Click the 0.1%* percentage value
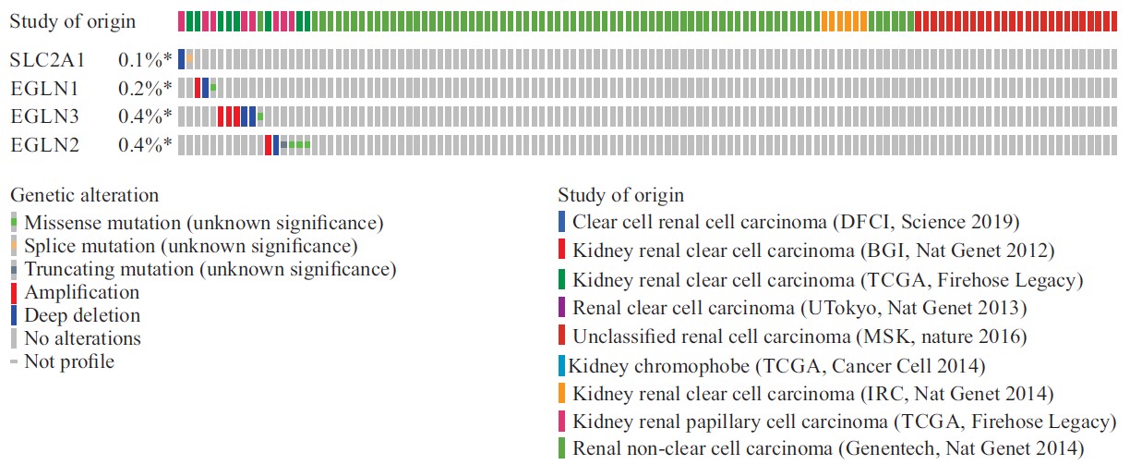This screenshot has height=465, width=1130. coord(145,60)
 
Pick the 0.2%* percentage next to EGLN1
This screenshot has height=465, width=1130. coord(145,89)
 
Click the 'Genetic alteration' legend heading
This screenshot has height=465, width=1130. coord(84,195)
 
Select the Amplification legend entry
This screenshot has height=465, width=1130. coord(81,292)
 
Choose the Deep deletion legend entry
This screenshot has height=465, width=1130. coord(81,315)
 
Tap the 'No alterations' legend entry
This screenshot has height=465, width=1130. coord(82,338)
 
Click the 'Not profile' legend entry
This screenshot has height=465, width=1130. coord(69,361)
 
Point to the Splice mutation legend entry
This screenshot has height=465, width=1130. coord(190,246)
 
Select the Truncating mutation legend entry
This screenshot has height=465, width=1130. coord(210,269)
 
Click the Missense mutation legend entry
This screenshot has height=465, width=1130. coord(202,223)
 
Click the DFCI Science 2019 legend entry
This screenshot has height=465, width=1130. coord(795,222)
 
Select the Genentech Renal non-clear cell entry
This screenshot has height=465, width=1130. coord(828,449)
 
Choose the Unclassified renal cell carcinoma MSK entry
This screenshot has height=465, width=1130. coord(799,336)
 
